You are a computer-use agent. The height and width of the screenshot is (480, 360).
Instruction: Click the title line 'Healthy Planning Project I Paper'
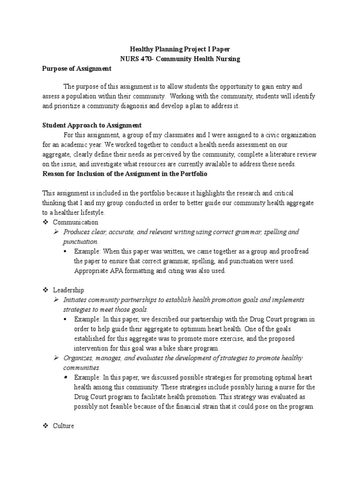(x=180, y=49)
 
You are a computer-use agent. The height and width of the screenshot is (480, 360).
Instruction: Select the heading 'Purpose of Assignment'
(x=77, y=68)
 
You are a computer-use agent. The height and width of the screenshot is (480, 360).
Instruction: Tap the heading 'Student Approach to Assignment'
(x=92, y=125)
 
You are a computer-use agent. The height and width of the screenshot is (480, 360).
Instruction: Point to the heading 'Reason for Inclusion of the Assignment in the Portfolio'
(x=125, y=174)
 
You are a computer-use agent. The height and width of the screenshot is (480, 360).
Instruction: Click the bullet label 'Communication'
(x=75, y=222)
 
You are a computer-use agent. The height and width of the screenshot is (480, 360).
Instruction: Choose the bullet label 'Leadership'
(x=68, y=290)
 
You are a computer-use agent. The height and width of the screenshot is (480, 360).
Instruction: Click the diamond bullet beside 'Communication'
(x=45, y=222)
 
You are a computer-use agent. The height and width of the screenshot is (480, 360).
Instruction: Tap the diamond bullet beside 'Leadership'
(x=45, y=290)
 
